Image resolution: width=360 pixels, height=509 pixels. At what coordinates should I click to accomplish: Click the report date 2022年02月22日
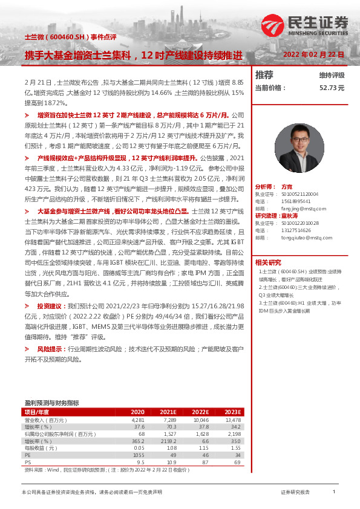[314, 54]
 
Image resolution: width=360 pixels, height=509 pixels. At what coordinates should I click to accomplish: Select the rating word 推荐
[264, 75]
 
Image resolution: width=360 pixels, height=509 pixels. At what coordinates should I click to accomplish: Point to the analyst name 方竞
[287, 187]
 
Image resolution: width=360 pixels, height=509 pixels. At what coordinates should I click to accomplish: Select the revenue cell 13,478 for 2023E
[233, 419]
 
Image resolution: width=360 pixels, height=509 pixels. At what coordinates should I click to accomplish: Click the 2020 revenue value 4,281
[139, 419]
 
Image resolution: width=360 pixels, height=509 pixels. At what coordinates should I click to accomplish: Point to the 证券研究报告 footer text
[295, 493]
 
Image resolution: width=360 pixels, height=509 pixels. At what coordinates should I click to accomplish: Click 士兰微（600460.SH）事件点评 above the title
[59, 37]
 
